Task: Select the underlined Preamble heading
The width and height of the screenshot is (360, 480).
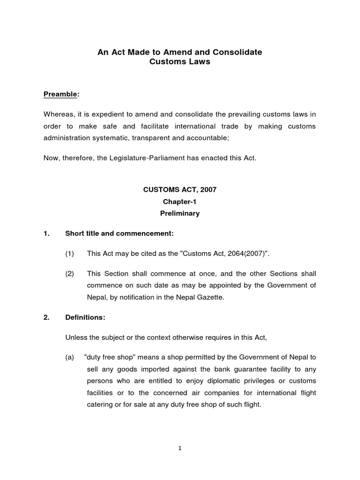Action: pyautogui.click(x=60, y=94)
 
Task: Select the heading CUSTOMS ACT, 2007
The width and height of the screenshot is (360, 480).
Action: pyautogui.click(x=180, y=190)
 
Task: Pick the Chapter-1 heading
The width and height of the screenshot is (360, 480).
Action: pyautogui.click(x=180, y=202)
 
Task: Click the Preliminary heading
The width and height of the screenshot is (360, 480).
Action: pyautogui.click(x=180, y=213)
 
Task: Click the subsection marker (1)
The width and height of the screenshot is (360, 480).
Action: pyautogui.click(x=70, y=254)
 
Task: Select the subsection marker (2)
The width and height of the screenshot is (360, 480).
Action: pyautogui.click(x=70, y=273)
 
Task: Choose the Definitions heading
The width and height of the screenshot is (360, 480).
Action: pyautogui.click(x=85, y=317)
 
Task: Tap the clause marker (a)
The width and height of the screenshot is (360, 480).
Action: pyautogui.click(x=70, y=357)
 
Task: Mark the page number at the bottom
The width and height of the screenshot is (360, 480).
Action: pyautogui.click(x=180, y=448)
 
